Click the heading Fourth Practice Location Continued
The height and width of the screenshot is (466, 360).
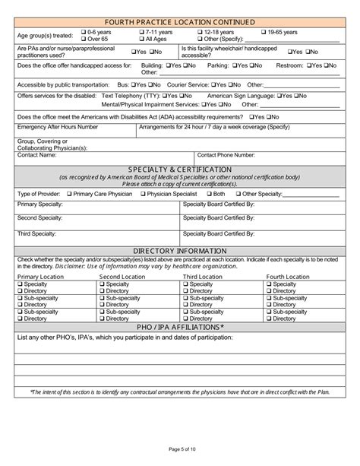(180, 21)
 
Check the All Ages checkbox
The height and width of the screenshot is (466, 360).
(142, 39)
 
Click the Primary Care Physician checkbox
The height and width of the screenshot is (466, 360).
(70, 195)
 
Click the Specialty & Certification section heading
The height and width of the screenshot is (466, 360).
(180, 169)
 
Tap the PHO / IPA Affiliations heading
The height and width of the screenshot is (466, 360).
(180, 328)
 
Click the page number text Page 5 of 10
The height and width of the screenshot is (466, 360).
(180, 453)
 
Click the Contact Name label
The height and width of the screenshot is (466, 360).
(36, 154)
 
